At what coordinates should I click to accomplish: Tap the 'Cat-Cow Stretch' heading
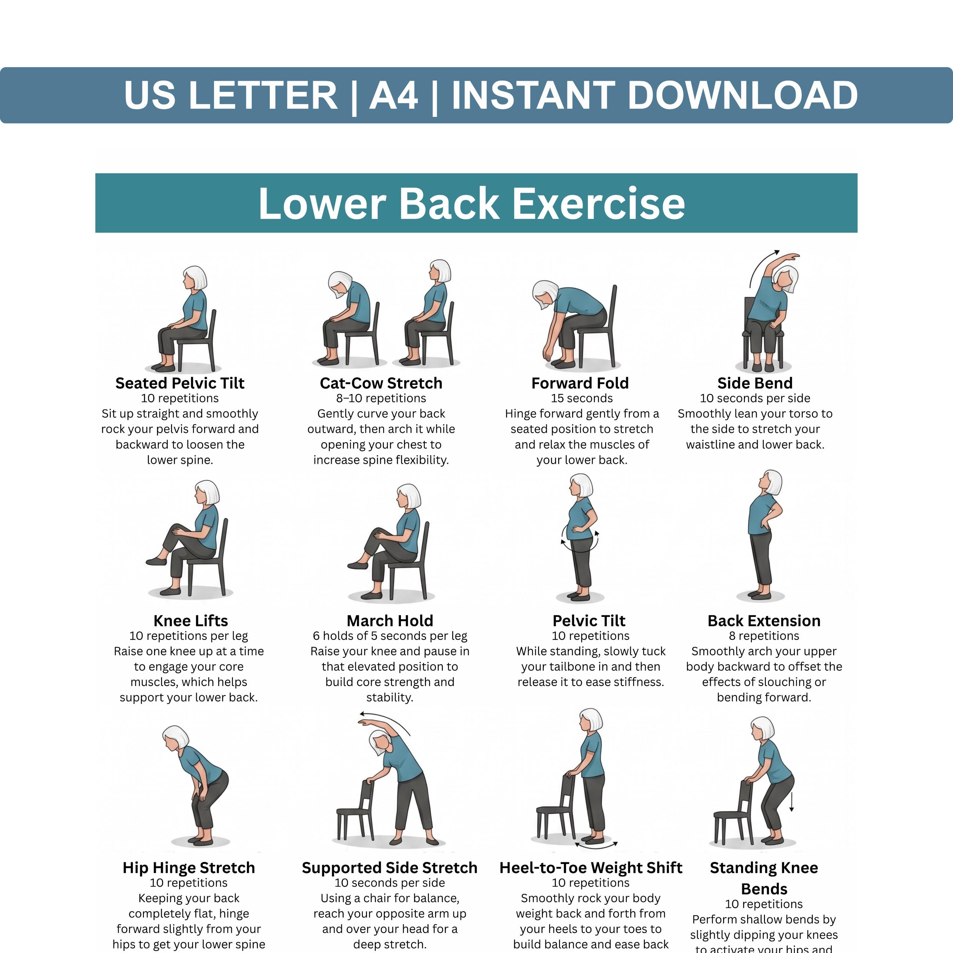point(381,383)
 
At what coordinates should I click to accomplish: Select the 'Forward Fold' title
point(580,383)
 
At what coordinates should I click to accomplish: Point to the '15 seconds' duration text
point(582,399)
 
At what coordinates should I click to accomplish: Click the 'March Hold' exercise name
point(390,620)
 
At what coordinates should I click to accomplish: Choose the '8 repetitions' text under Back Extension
point(764,636)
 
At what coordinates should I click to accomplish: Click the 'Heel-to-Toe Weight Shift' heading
point(591,868)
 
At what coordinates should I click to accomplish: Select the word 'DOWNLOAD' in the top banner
point(743,95)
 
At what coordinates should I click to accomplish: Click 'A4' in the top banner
point(394,95)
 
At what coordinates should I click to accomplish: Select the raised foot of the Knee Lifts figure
point(156,561)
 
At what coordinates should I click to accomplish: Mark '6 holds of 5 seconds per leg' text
point(390,636)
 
